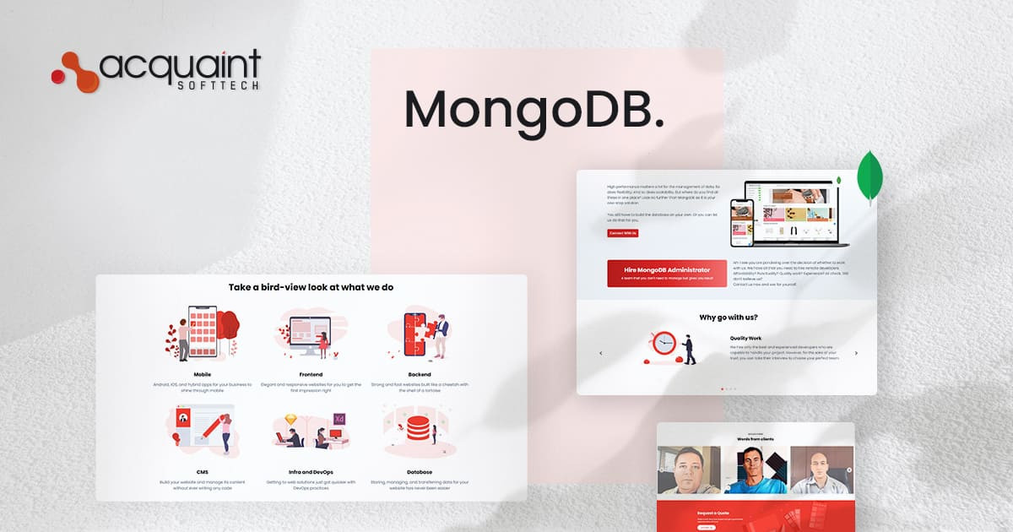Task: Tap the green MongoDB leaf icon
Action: point(869,178)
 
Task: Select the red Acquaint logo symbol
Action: point(74,68)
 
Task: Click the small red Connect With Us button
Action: point(622,233)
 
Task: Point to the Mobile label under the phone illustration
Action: point(202,374)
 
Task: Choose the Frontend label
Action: point(311,374)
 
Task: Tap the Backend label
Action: point(419,374)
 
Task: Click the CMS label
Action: point(203,472)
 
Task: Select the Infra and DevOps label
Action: point(311,472)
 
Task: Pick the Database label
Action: point(419,472)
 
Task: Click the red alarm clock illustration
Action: point(664,344)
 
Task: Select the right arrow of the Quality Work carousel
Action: point(856,353)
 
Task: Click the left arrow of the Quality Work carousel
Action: point(600,353)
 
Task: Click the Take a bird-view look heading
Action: point(311,287)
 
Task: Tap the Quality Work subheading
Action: point(745,338)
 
